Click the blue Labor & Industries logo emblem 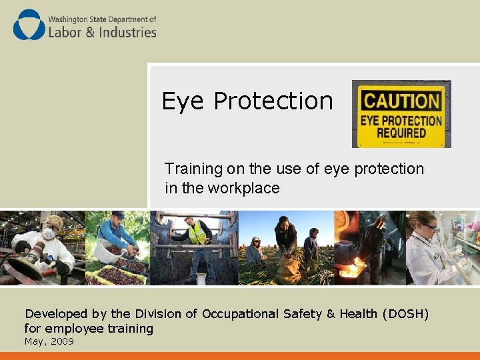(29, 25)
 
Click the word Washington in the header (69, 19)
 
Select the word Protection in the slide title (273, 101)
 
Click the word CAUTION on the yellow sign (401, 102)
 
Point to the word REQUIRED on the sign (401, 132)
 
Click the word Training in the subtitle (193, 169)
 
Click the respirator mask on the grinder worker (49, 234)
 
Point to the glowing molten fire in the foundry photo (349, 270)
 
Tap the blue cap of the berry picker (117, 215)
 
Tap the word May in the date (33, 341)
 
